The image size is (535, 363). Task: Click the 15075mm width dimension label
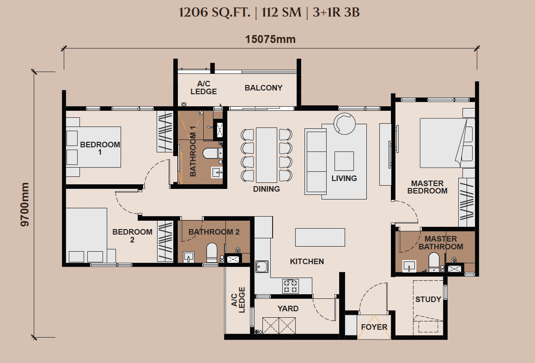pos(270,39)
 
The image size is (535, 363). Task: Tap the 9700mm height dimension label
pos(25,204)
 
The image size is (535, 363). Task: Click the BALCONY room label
pos(263,88)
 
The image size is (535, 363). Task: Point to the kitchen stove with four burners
pos(290,286)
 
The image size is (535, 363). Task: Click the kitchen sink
pos(261,267)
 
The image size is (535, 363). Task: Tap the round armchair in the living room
pos(344,123)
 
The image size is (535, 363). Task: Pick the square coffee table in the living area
pos(344,161)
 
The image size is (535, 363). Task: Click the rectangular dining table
pos(267,155)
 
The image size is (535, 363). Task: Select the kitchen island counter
pos(320,237)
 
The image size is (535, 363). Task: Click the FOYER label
pos(374,327)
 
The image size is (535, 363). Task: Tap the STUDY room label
pos(428,299)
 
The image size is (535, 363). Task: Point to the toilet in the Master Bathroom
pos(434,262)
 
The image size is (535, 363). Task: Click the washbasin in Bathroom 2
pos(188,257)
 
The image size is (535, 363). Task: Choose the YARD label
pos(288,309)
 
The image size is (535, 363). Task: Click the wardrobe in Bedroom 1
pos(165,131)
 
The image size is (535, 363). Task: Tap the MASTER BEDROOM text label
pos(427,187)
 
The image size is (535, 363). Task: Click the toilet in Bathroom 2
pos(212,253)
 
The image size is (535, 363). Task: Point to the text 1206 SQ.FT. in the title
pos(214,12)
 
